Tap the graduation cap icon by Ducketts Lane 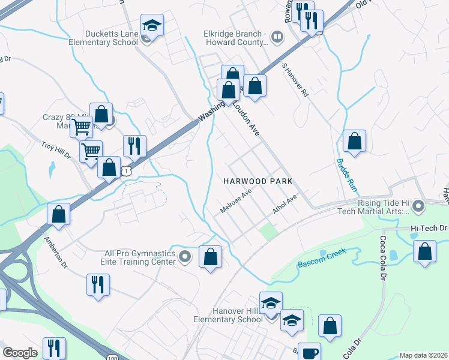pyautogui.click(x=152, y=27)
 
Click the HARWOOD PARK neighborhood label pyautogui.click(x=258, y=181)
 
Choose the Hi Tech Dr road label pyautogui.click(x=430, y=228)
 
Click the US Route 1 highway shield pyautogui.click(x=126, y=172)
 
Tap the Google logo pyautogui.click(x=20, y=353)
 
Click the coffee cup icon pyautogui.click(x=309, y=352)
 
